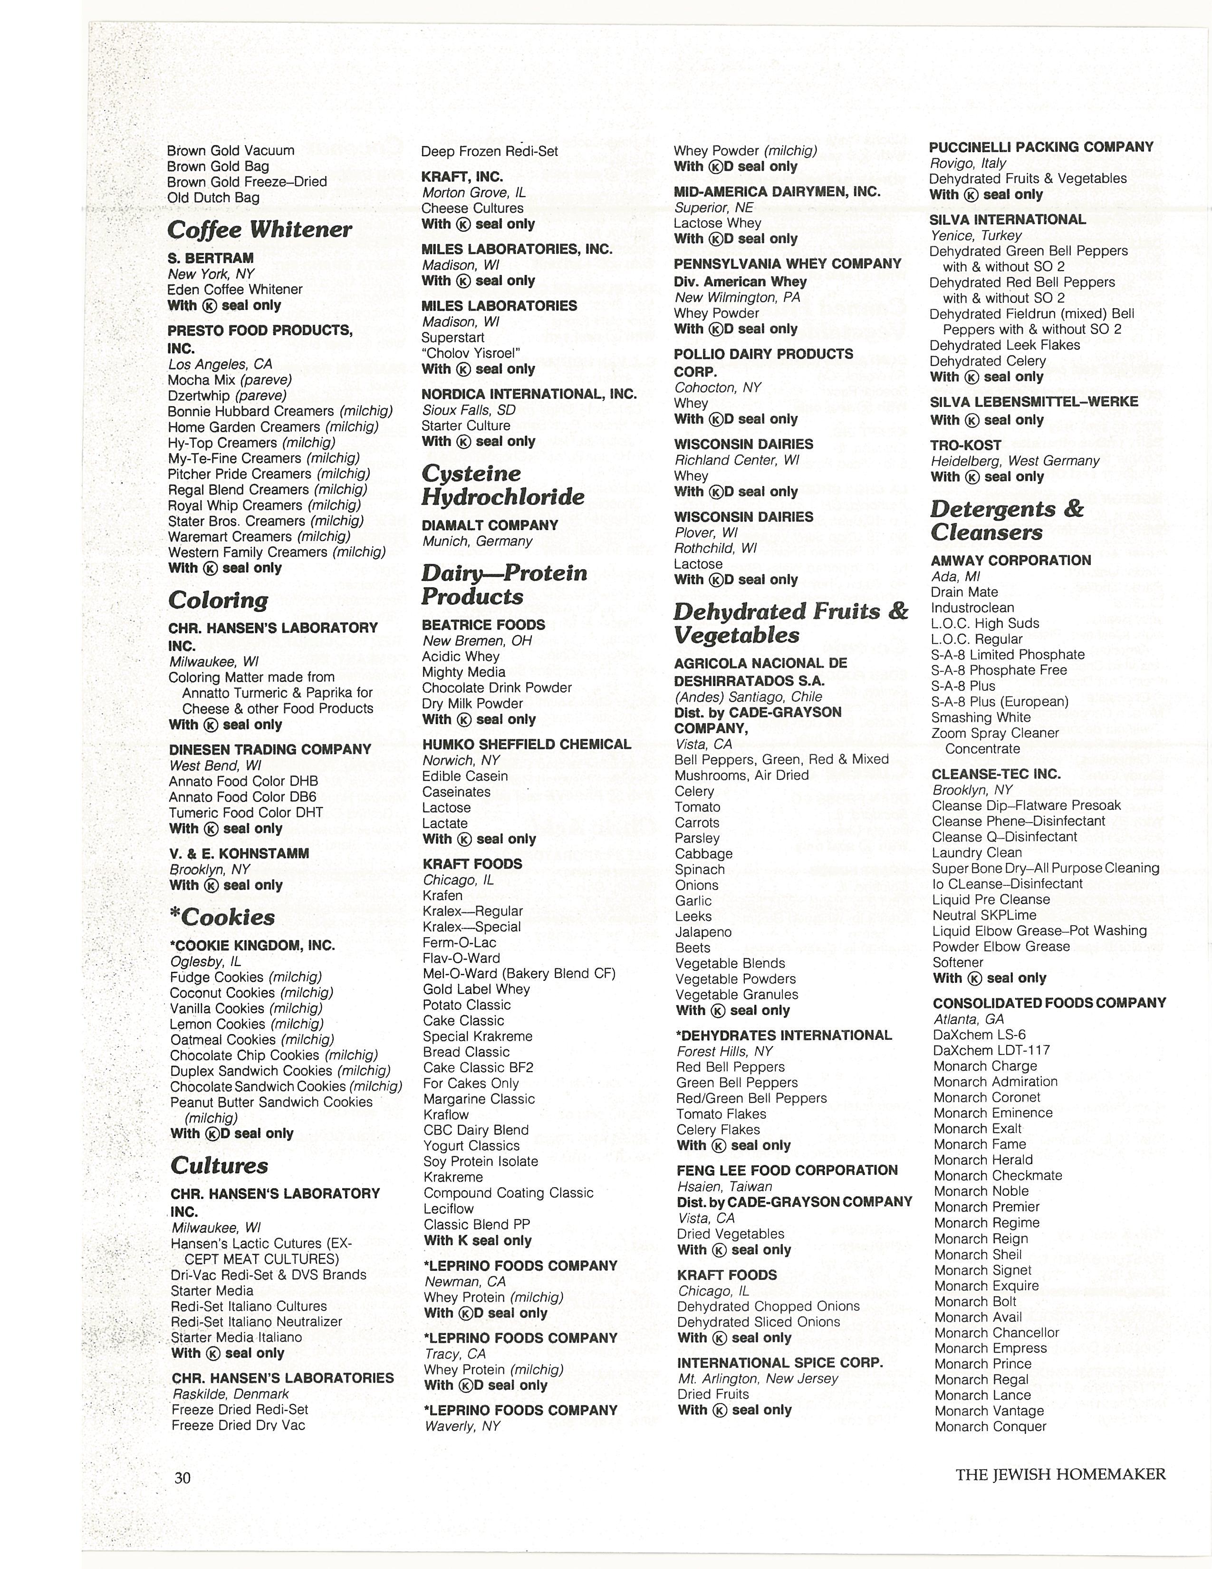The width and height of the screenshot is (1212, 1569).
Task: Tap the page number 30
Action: pos(183,1477)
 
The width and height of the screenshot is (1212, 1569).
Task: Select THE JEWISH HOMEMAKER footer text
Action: pos(1060,1474)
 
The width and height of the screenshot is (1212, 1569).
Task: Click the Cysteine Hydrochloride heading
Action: pos(502,485)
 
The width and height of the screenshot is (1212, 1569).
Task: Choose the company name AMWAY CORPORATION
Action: pos(1011,561)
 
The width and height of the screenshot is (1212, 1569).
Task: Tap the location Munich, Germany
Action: pos(477,541)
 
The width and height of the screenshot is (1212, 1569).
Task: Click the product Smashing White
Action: pos(981,717)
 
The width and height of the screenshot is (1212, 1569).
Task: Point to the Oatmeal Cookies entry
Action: pos(252,1039)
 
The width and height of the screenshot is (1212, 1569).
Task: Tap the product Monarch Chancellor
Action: pos(997,1333)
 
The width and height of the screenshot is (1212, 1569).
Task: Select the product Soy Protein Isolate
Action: pos(481,1161)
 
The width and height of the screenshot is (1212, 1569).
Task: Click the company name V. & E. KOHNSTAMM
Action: pos(239,853)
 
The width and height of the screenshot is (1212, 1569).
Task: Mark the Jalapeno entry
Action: pos(703,932)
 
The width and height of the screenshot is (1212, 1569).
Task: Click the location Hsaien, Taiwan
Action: pos(724,1186)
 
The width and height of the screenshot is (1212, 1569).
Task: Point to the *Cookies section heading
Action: pos(222,918)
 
